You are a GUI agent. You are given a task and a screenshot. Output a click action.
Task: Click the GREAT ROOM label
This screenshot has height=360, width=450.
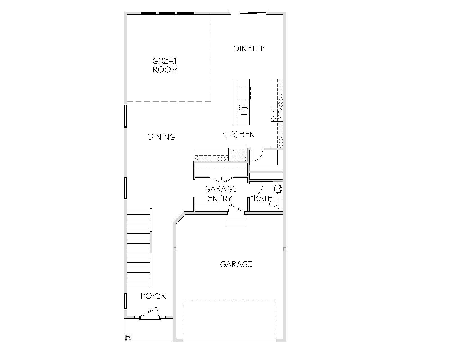tap(165, 65)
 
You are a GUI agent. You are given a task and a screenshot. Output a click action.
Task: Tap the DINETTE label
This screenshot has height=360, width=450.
tap(249, 49)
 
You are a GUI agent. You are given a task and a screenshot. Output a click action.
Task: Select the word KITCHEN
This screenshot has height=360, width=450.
tap(238, 134)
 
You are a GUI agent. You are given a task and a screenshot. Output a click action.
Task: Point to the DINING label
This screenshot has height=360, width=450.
tap(161, 137)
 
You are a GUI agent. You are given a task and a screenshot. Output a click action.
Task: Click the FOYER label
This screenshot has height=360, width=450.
tap(154, 296)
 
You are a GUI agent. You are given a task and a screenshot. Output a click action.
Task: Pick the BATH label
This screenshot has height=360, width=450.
tap(263, 198)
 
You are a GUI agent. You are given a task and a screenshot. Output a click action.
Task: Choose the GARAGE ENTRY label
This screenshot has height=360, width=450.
tap(220, 194)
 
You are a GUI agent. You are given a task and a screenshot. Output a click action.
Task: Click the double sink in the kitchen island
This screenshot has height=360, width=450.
tap(244, 108)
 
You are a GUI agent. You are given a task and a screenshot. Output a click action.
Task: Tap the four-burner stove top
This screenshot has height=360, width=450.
tap(277, 114)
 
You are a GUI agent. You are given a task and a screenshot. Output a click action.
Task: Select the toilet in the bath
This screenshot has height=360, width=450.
tap(276, 204)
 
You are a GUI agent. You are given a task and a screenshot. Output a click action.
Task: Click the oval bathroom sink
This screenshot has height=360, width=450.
tap(278, 188)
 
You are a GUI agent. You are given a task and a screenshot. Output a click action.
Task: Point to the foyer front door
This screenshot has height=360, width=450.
tap(149, 313)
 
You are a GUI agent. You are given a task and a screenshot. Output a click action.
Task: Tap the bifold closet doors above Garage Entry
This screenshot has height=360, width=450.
tap(221, 179)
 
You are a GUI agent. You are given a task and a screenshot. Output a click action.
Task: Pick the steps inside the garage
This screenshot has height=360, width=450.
tap(236, 220)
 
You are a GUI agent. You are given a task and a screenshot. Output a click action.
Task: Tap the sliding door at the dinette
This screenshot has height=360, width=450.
tap(249, 13)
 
